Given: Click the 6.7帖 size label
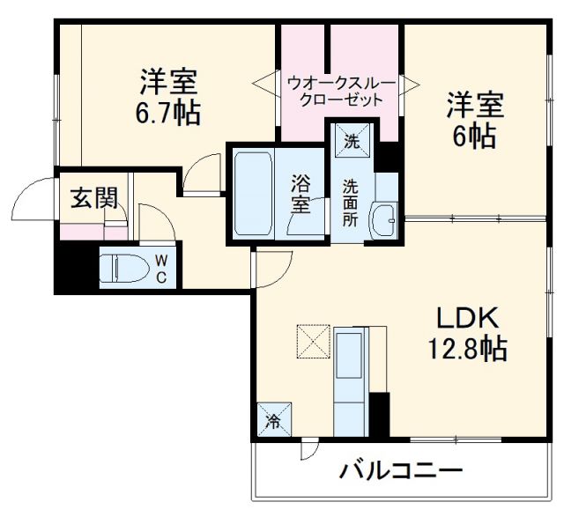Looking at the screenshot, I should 168,114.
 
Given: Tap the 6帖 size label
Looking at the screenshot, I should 475,136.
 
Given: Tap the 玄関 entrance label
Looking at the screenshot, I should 93,198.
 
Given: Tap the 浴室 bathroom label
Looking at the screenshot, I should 301,194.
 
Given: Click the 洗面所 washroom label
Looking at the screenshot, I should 351,203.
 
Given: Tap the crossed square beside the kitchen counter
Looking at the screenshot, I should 311,341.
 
